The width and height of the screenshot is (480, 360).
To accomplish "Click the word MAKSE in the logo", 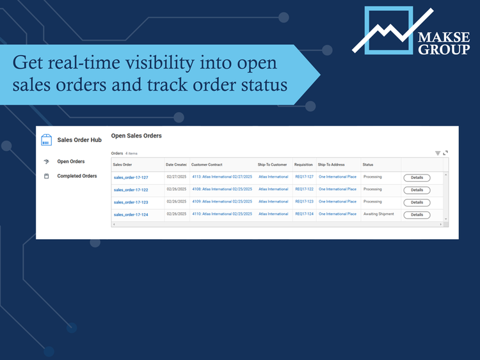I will [444, 36].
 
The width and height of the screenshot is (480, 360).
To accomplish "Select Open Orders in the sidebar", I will [70, 162].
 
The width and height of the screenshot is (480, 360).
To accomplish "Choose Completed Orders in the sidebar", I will [77, 176].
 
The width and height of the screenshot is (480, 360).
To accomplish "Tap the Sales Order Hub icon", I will [46, 140].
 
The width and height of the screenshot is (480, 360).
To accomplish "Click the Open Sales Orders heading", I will [136, 136].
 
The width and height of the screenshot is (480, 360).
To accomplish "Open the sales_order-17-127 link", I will [131, 178].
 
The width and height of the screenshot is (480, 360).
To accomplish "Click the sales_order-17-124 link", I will [131, 215].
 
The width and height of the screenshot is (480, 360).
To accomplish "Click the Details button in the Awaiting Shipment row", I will [417, 215].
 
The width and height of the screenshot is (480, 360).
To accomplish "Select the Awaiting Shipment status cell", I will [379, 214].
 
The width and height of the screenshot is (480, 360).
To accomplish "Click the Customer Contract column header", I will [207, 165].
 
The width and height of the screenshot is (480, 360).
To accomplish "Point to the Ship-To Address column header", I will [331, 165].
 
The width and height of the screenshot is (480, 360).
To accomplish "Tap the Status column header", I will [368, 165].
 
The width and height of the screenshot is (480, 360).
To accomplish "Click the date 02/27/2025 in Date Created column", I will [176, 177].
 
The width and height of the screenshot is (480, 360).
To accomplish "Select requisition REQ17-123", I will [304, 201].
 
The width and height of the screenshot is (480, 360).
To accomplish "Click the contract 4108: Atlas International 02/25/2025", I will [222, 189].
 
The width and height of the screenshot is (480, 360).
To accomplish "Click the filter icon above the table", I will [438, 153].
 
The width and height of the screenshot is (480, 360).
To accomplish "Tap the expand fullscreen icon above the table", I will [445, 153].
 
